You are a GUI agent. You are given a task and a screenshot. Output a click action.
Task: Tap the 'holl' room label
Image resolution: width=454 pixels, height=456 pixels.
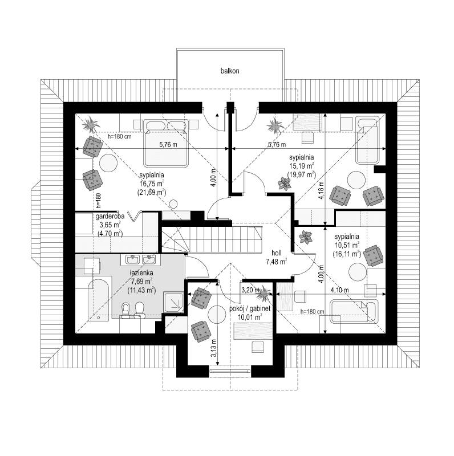(277, 251)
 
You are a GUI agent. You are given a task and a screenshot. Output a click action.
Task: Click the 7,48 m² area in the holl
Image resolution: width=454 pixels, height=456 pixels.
(276, 261)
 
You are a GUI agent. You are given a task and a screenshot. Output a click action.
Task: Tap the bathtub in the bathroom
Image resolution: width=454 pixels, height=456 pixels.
(97, 300)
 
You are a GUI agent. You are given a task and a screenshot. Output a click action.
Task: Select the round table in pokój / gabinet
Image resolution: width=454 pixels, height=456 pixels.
(218, 313)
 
